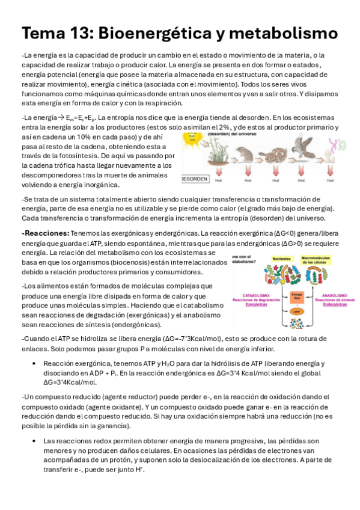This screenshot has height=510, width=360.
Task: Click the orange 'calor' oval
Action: tap(295, 312)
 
